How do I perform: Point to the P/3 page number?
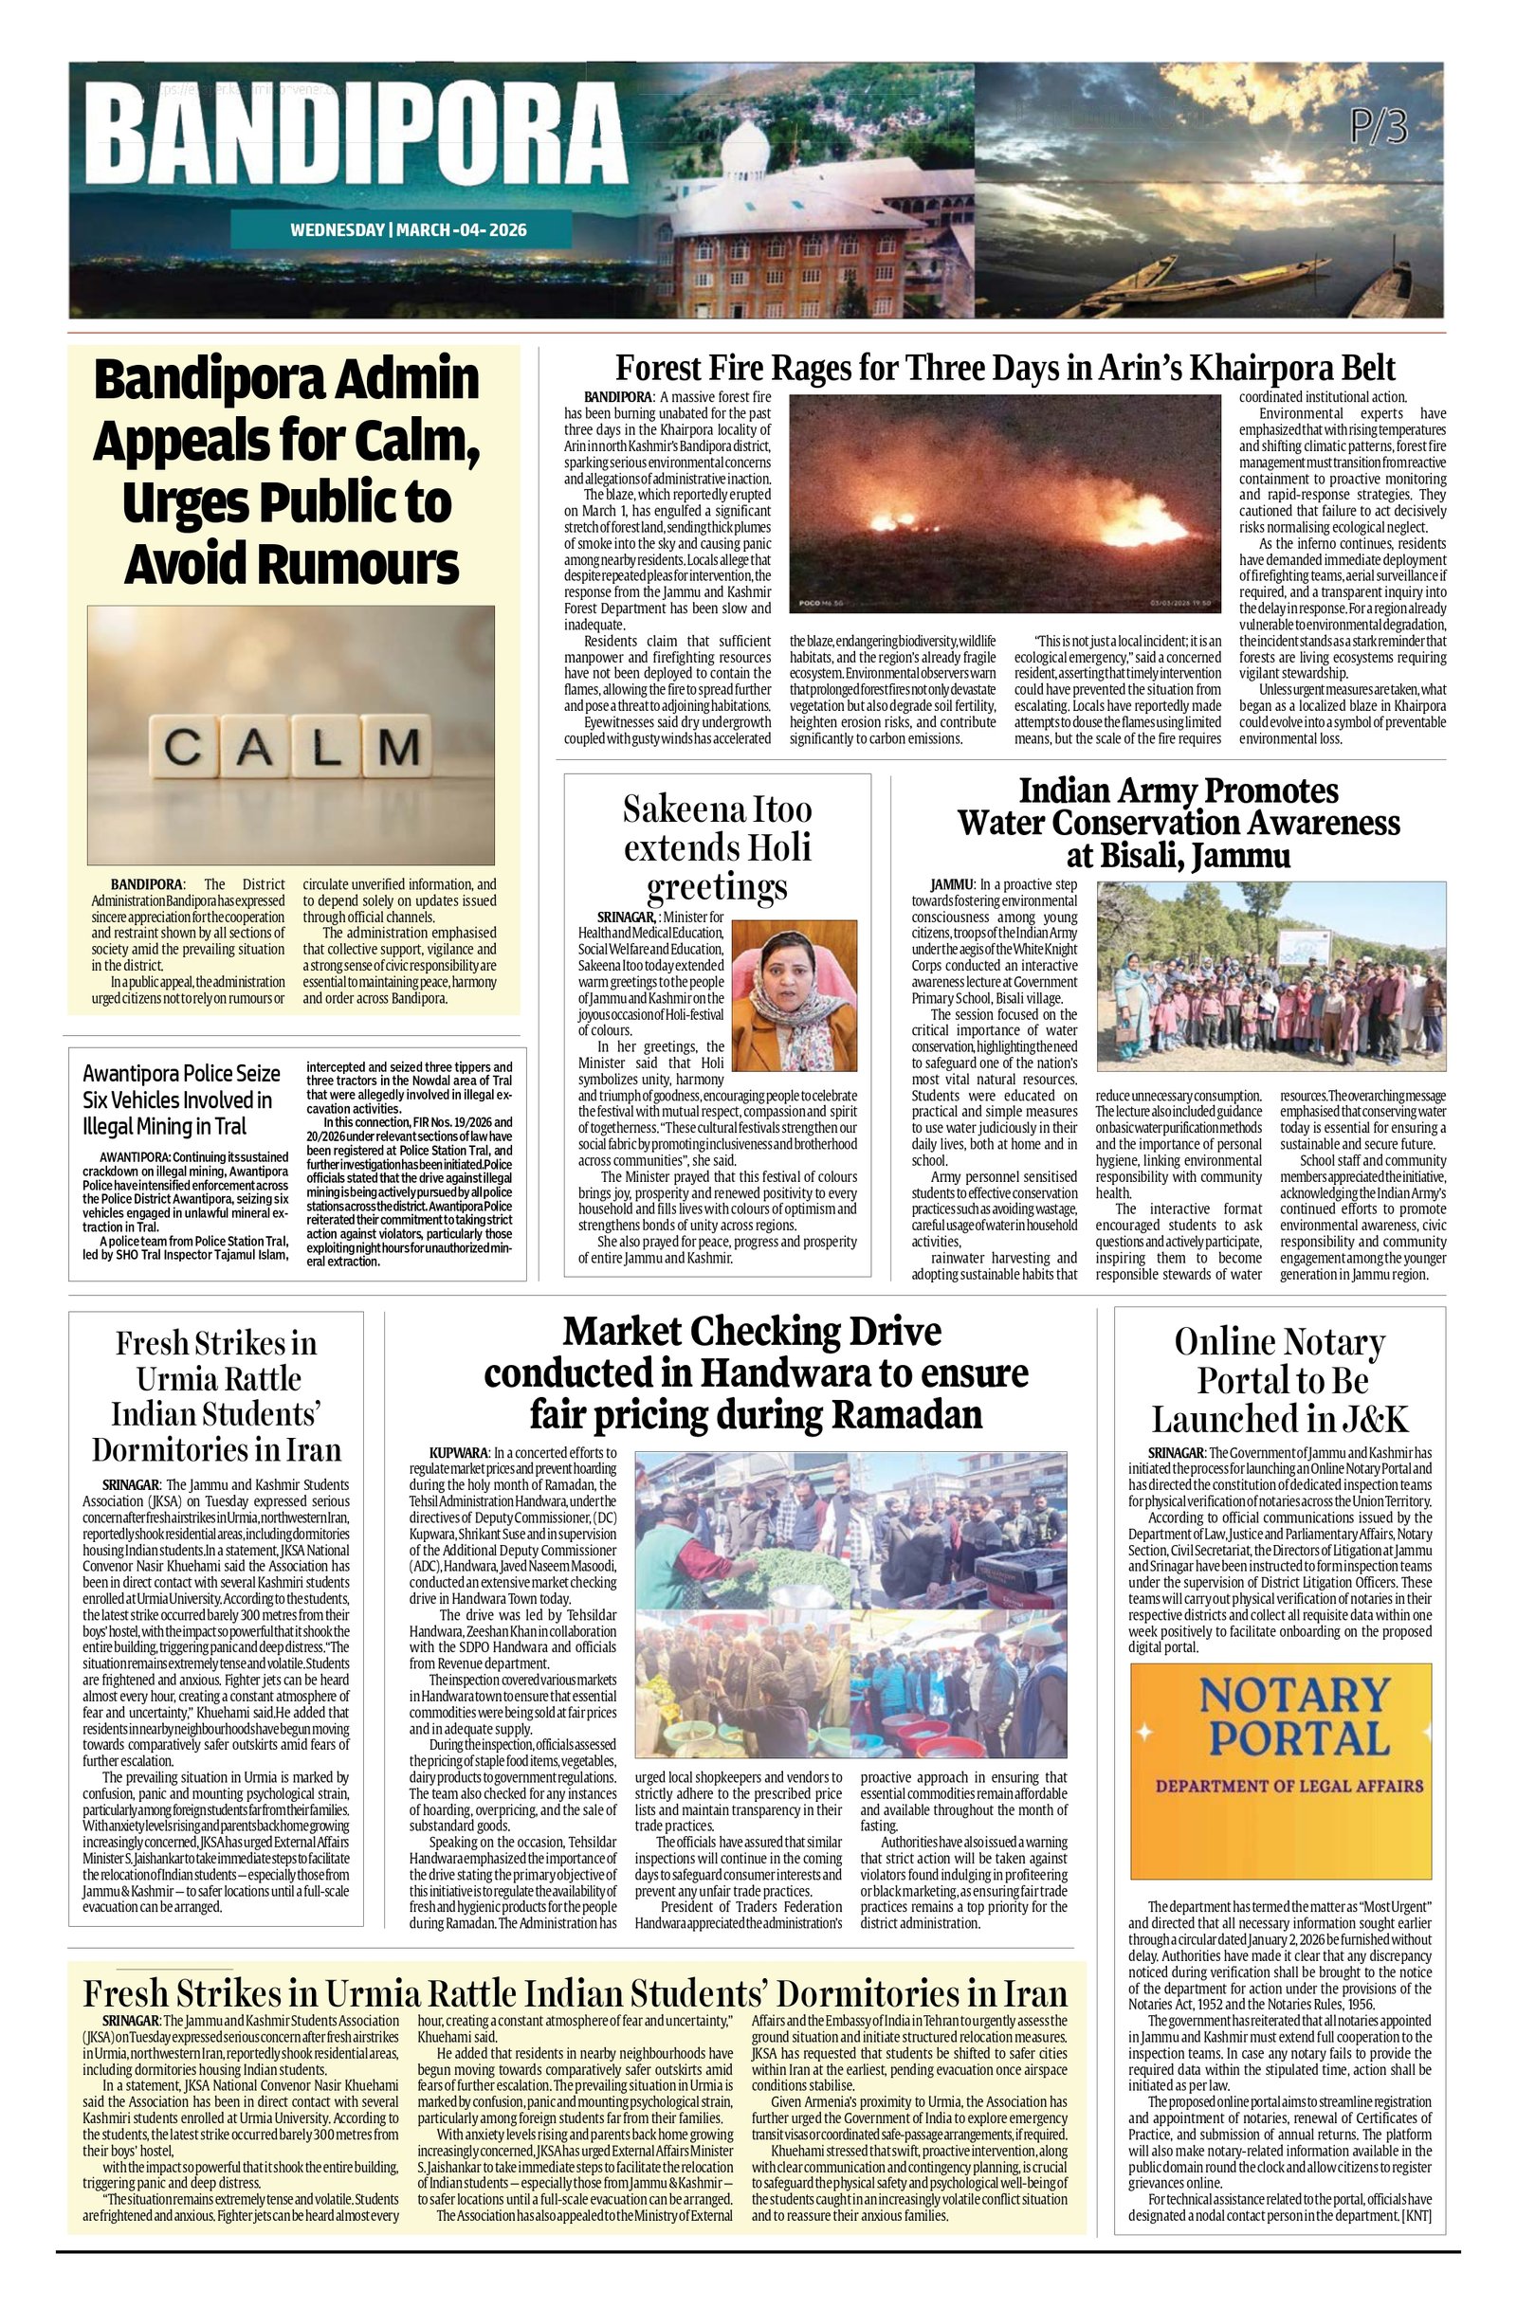(1378, 127)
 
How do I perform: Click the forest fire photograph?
(1005, 503)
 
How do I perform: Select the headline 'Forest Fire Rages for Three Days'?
(1005, 369)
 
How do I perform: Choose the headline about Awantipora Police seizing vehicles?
(181, 1099)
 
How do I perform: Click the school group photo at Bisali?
(1270, 974)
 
